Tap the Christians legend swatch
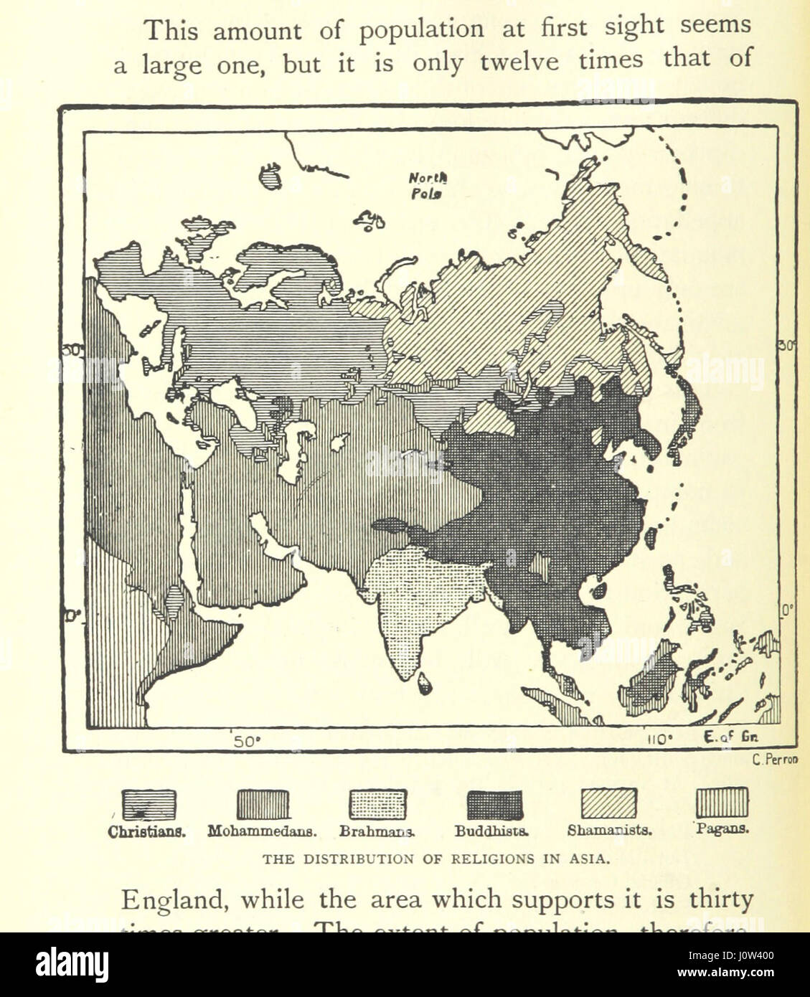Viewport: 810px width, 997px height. click(x=149, y=804)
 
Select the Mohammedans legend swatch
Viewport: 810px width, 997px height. click(x=263, y=804)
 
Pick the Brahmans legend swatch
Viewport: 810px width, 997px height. click(x=377, y=804)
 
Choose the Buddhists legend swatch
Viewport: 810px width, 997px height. click(x=494, y=804)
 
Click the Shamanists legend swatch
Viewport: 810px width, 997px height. click(x=608, y=803)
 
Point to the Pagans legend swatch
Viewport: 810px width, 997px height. click(x=722, y=802)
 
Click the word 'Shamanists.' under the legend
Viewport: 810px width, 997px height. click(x=609, y=831)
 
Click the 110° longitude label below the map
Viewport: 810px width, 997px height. click(x=659, y=739)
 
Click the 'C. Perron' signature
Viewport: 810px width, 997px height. click(x=775, y=760)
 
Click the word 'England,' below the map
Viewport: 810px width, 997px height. click(x=166, y=900)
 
